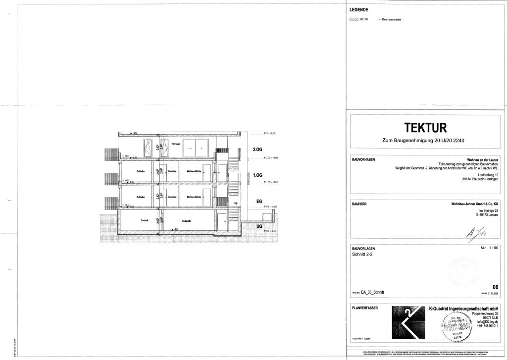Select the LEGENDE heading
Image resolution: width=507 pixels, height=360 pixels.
(x=359, y=10)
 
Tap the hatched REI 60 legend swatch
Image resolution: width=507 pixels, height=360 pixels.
(x=354, y=19)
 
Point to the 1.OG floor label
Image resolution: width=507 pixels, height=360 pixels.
(x=256, y=175)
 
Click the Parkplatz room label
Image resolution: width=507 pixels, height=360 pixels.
(x=186, y=220)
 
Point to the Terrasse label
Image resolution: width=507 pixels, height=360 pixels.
(x=176, y=145)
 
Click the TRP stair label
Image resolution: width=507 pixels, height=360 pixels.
(x=236, y=203)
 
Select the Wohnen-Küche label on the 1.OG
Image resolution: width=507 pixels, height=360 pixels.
(x=194, y=171)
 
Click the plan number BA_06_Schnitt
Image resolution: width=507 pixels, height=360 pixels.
(x=376, y=293)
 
